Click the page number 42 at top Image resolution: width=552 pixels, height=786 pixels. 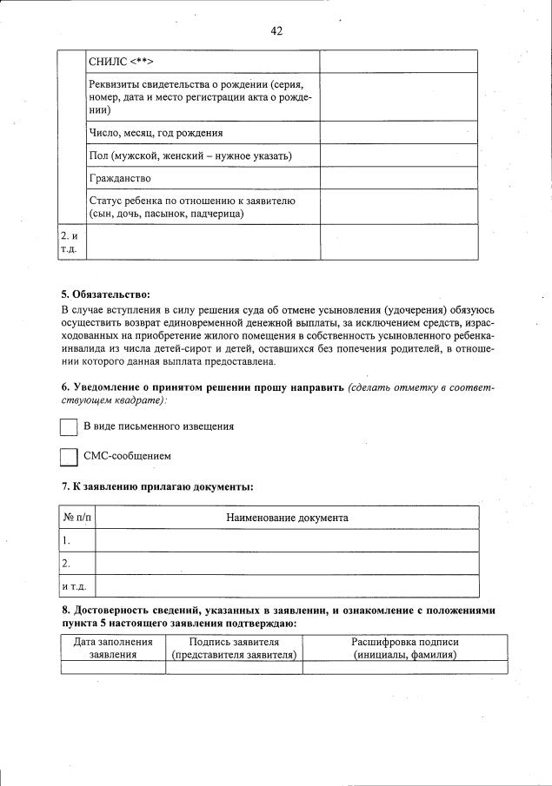(x=276, y=31)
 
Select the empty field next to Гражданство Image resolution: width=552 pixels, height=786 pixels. (x=398, y=178)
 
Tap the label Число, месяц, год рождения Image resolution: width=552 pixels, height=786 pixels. (x=156, y=133)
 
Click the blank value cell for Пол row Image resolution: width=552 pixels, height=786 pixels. (x=398, y=155)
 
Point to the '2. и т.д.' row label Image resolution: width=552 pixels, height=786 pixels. (x=70, y=242)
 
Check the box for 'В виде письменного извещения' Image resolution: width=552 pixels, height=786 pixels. (x=70, y=427)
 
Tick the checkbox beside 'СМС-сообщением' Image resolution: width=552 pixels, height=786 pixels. (x=70, y=457)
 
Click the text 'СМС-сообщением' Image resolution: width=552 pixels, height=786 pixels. (x=127, y=456)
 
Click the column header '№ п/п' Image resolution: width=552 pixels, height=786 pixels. (x=77, y=518)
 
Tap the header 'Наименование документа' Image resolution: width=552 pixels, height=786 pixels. (x=287, y=518)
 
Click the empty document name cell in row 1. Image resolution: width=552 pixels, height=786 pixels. (x=287, y=540)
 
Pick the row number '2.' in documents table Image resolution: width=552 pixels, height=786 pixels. (x=67, y=563)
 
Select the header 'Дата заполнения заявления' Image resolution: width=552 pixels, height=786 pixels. (x=113, y=648)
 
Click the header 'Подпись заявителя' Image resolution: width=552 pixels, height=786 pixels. (x=234, y=642)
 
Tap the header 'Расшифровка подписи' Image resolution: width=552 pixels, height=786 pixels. (x=404, y=642)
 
